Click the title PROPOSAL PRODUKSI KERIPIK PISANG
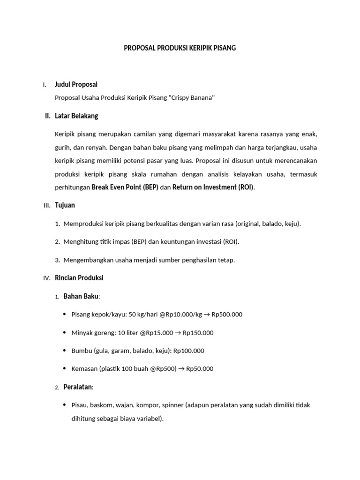pos(180,48)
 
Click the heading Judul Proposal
pos(76,84)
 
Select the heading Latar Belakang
pos(76,116)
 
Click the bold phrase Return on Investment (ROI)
pos(213,187)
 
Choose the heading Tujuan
pos(65,205)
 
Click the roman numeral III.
pos(46,206)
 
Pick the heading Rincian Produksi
pos(79,277)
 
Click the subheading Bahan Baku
pos(81,296)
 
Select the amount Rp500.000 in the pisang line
pos(227,315)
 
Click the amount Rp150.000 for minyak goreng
pos(198,333)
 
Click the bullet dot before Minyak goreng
pos(65,332)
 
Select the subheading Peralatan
pos(78,387)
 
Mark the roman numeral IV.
pos(46,278)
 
